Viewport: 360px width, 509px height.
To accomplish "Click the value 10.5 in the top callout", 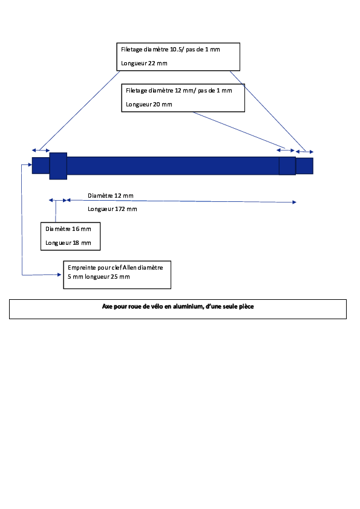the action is click(175, 50).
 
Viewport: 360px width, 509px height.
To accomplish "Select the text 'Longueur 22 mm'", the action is click(144, 63).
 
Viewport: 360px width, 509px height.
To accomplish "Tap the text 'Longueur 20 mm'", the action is click(149, 105).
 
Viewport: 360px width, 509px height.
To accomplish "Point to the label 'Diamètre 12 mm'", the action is click(111, 196).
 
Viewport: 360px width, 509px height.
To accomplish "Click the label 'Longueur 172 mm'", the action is click(113, 209).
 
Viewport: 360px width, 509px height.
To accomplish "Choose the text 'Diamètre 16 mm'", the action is click(68, 229).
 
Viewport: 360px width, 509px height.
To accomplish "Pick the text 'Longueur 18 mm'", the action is click(68, 243).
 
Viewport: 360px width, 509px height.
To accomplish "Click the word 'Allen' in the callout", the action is click(129, 267).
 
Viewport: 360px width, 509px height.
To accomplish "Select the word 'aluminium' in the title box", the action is click(188, 306).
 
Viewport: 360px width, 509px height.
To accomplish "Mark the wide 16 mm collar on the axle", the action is click(58, 166).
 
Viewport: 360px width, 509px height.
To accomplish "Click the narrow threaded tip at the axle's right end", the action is click(304, 166).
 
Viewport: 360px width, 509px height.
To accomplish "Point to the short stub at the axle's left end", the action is click(41, 166).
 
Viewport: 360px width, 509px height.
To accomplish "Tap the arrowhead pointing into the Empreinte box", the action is click(59, 274).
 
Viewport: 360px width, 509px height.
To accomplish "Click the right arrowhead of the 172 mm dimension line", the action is click(295, 203).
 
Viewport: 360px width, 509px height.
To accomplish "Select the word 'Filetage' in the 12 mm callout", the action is click(137, 91).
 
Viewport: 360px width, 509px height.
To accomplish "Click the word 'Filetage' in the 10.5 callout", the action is click(131, 50).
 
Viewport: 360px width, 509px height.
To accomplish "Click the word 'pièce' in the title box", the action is click(247, 306).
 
